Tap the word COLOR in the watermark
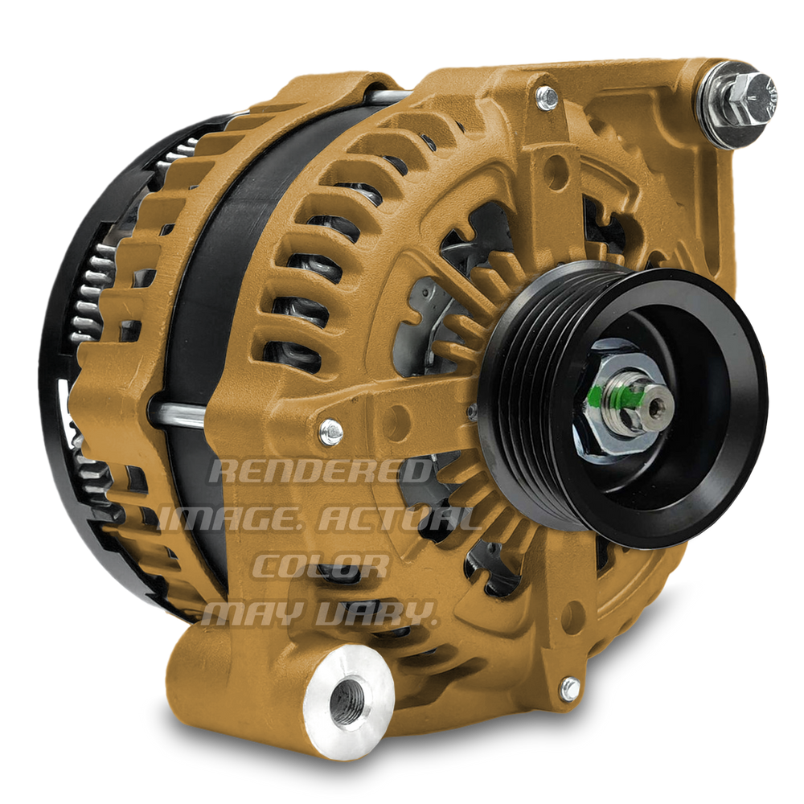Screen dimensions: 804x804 pos(321,566)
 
